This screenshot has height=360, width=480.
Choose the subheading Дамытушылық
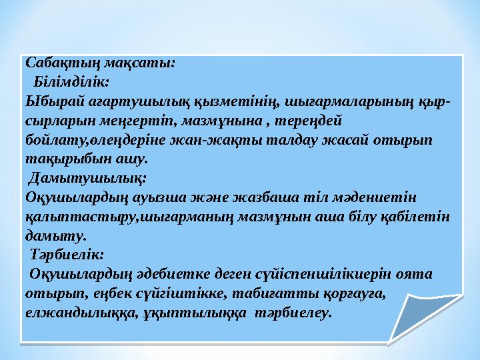pyautogui.click(x=87, y=179)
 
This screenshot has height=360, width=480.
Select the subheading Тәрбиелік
pyautogui.click(x=68, y=255)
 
